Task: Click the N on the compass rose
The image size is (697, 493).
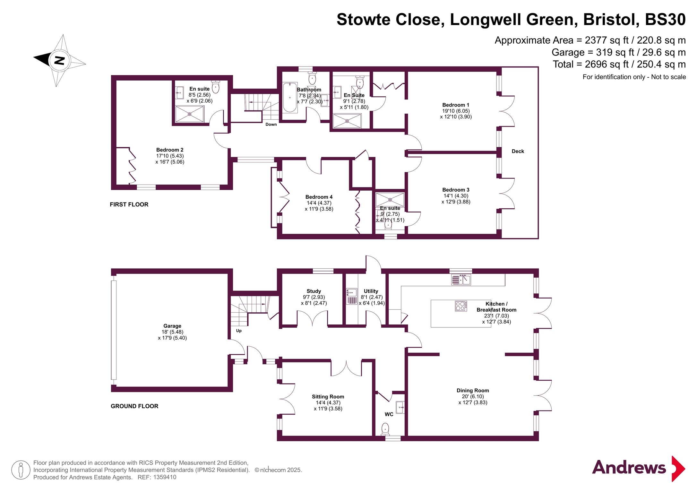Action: (59, 60)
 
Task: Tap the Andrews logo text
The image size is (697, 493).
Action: (629, 468)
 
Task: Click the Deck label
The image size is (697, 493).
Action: (518, 151)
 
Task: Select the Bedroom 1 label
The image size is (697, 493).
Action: (456, 105)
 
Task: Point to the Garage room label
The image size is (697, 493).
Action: (172, 326)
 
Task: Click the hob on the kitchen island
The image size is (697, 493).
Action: (461, 306)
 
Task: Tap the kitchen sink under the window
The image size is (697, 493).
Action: (461, 280)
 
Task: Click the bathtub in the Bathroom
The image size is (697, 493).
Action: (290, 97)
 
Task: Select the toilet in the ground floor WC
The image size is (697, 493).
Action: (385, 429)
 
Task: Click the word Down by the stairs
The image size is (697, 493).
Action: (271, 125)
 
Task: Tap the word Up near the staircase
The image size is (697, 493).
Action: (239, 331)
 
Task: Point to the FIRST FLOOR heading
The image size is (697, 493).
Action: (129, 204)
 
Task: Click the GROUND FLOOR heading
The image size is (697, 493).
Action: (134, 406)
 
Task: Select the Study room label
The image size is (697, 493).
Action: (314, 291)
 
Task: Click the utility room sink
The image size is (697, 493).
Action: (352, 292)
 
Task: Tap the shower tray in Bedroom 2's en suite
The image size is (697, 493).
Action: (189, 114)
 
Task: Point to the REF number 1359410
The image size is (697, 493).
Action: (165, 477)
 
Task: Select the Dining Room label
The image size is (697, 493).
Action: (473, 391)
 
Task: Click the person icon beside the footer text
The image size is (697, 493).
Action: (21, 470)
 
